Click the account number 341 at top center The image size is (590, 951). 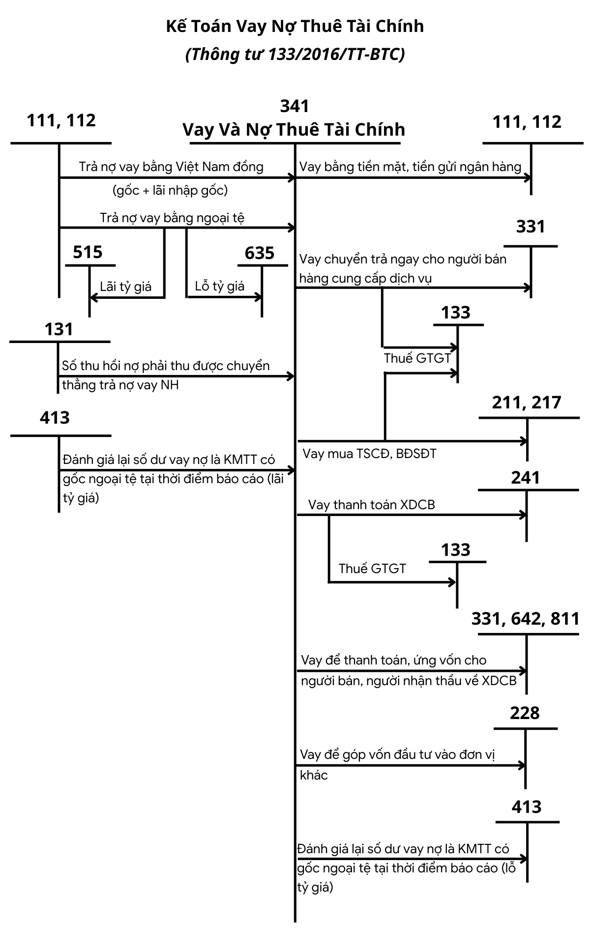(295, 106)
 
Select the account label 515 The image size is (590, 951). (88, 253)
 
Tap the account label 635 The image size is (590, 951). (260, 253)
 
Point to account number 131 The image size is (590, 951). (59, 329)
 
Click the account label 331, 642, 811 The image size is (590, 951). (526, 619)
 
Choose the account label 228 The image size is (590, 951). (525, 713)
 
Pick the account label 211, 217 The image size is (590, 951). (526, 403)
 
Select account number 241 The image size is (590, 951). (525, 477)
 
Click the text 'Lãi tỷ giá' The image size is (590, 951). (126, 287)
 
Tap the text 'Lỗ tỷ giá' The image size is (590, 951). (220, 286)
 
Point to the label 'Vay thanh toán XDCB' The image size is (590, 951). (372, 505)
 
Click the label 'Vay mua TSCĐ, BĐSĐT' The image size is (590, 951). (369, 453)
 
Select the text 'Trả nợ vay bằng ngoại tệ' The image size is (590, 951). (172, 218)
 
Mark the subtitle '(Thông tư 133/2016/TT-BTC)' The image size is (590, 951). (295, 54)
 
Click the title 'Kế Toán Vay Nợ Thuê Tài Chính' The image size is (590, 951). (295, 27)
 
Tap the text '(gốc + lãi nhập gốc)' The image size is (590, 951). (170, 190)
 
